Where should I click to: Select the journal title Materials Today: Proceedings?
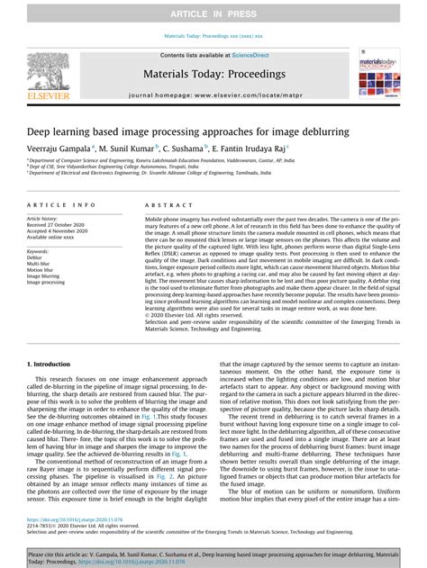[213, 74]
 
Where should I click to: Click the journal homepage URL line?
[213, 94]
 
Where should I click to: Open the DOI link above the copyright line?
[74, 520]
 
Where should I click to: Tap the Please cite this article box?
[213, 555]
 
